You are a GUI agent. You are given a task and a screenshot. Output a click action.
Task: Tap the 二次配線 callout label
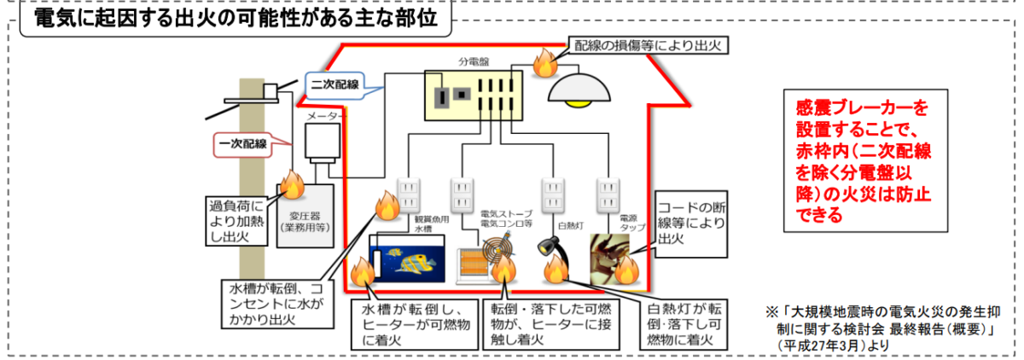click(334, 84)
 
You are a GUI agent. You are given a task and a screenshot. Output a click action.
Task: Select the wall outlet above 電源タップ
click(608, 195)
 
